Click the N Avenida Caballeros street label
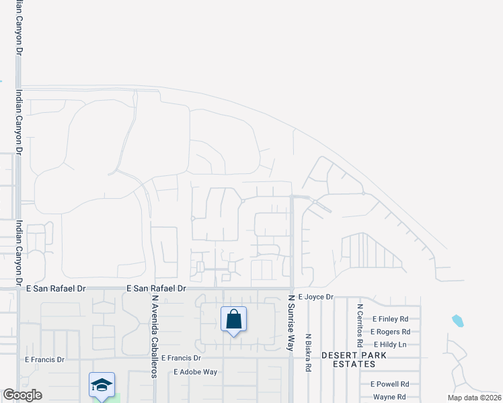pyautogui.click(x=154, y=336)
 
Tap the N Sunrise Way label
pyautogui.click(x=292, y=323)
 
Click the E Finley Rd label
pyautogui.click(x=391, y=319)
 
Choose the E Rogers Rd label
pyautogui.click(x=390, y=332)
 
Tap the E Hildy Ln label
pyautogui.click(x=390, y=345)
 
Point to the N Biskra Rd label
pyautogui.click(x=308, y=353)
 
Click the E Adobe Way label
pyautogui.click(x=195, y=371)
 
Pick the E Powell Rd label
pyautogui.click(x=390, y=384)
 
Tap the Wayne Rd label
pyautogui.click(x=389, y=397)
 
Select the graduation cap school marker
pyautogui.click(x=101, y=385)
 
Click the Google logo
pyautogui.click(x=22, y=395)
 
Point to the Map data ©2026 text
pyautogui.click(x=474, y=398)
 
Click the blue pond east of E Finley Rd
pyautogui.click(x=458, y=320)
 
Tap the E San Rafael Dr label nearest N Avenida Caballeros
pyautogui.click(x=155, y=288)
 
